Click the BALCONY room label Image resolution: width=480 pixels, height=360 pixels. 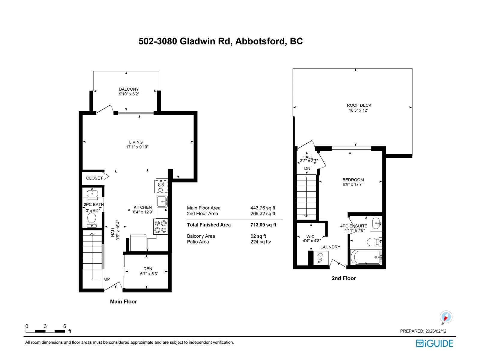(x=129, y=89)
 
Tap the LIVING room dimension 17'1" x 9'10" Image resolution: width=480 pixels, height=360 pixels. (x=137, y=147)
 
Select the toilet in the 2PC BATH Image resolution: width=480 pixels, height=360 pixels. (x=91, y=220)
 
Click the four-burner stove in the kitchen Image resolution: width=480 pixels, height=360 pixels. (x=160, y=226)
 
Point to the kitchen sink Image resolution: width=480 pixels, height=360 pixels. (x=162, y=201)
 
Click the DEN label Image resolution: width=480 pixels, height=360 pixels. (x=148, y=268)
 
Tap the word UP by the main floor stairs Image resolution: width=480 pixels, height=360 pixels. (x=107, y=279)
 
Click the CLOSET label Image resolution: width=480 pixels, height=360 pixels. (x=94, y=178)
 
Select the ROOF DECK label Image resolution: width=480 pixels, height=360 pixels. (x=359, y=105)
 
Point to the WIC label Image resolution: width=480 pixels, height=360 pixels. (x=310, y=236)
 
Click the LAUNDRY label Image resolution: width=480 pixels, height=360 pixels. (x=330, y=247)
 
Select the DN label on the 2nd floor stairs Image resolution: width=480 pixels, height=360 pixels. (x=307, y=168)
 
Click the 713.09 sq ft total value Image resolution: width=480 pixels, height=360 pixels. (x=263, y=225)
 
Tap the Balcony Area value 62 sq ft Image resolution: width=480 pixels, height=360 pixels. (x=258, y=236)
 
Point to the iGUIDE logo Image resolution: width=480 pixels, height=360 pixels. (x=434, y=343)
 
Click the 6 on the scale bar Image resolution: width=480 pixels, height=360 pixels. (x=64, y=326)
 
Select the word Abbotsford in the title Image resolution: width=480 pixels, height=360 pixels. (x=259, y=41)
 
